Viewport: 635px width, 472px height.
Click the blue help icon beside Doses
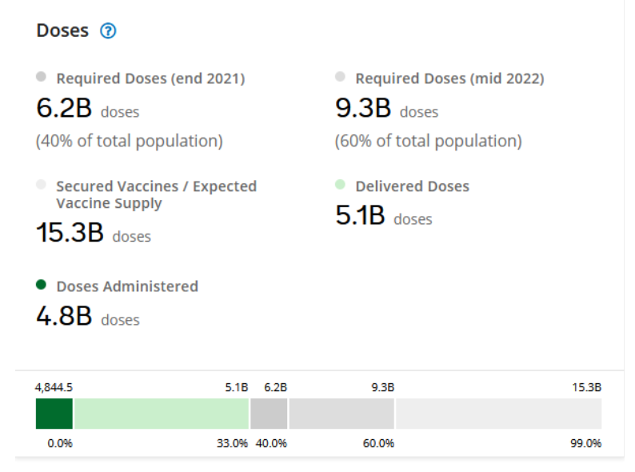point(108,31)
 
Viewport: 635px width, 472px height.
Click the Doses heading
point(62,31)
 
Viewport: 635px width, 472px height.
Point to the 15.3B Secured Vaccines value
point(70,233)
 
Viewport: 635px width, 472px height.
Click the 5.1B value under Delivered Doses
point(361,216)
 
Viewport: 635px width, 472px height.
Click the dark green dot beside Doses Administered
point(42,285)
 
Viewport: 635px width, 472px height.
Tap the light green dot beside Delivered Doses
point(340,185)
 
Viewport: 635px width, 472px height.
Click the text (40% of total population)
point(130,142)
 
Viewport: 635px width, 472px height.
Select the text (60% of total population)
point(428,142)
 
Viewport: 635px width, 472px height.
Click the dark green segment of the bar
point(54,414)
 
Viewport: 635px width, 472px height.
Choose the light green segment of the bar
point(161,414)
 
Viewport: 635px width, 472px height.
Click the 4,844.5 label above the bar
point(54,387)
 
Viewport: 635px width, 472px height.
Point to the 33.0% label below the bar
point(232,443)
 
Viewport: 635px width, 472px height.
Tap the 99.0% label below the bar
point(585,443)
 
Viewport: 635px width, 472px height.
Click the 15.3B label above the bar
point(586,387)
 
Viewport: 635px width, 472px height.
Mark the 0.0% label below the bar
point(60,443)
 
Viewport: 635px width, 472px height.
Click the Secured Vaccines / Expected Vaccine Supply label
point(156,194)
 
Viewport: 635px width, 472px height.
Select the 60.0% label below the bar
point(378,443)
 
